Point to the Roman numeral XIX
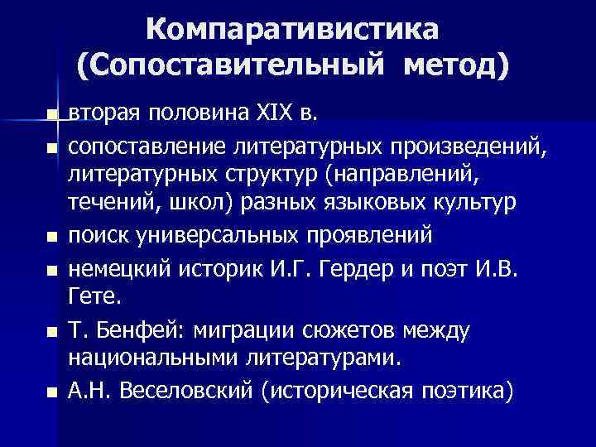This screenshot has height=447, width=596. (284, 113)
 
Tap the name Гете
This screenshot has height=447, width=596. (91, 296)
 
